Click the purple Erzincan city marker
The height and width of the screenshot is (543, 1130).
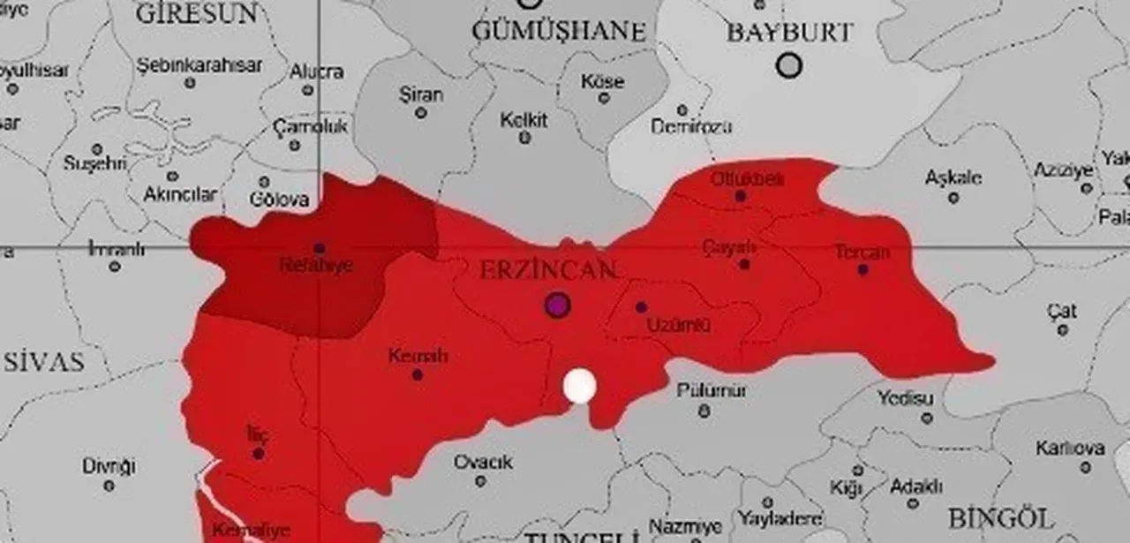point(556,305)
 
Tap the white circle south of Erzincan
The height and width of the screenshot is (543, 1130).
point(579,386)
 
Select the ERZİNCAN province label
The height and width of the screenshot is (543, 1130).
point(547,270)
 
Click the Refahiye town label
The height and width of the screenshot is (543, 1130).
point(316,265)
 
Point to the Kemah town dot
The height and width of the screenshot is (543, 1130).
point(417,374)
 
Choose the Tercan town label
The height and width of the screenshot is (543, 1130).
point(862,253)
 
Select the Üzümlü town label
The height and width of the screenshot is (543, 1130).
point(679,325)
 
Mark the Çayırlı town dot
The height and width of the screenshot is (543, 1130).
point(744,263)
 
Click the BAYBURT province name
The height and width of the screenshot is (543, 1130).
point(789,33)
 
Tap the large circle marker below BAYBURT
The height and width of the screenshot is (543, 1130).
point(788,65)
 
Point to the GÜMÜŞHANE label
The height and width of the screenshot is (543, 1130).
point(559,31)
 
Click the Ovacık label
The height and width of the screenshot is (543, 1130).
point(483,462)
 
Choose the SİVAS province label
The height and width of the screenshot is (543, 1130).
point(43,361)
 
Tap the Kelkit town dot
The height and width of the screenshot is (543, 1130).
point(524,138)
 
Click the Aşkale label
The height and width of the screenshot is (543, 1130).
point(953,177)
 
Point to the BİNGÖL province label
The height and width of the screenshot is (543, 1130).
point(1001,517)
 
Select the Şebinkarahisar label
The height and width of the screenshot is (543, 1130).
point(200,65)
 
